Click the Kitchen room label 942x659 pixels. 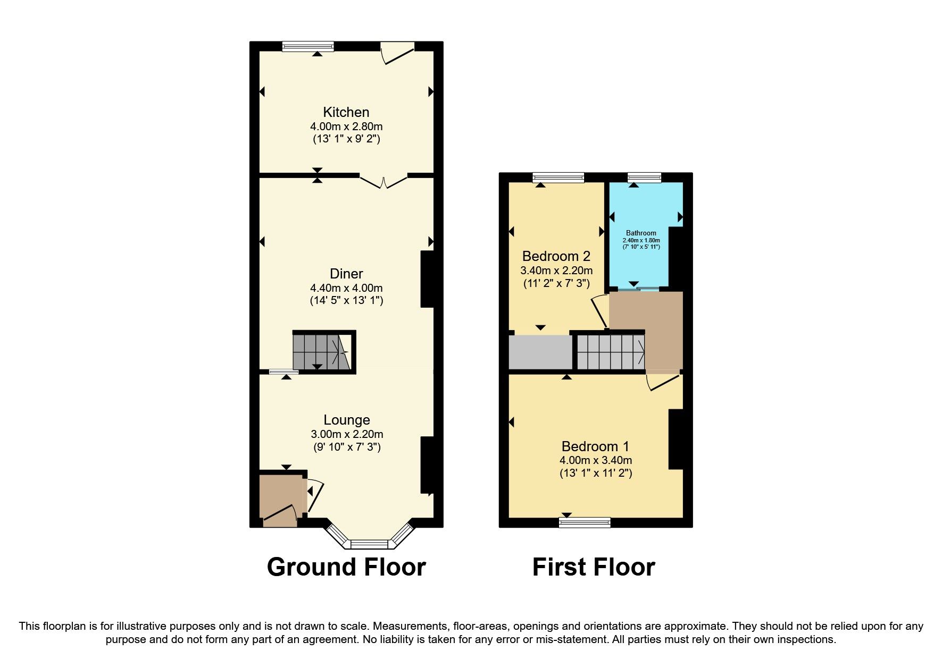[x=346, y=112]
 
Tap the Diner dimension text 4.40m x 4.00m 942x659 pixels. [x=346, y=288]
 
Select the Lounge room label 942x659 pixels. [x=346, y=420]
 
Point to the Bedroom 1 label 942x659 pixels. [x=595, y=446]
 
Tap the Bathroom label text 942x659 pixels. [x=640, y=233]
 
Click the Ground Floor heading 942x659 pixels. [x=346, y=567]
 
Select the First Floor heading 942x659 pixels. [x=593, y=567]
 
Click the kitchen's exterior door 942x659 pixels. [x=397, y=53]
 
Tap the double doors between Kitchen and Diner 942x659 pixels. [x=384, y=181]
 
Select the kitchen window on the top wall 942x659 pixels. [x=308, y=46]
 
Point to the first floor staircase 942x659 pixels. [x=611, y=351]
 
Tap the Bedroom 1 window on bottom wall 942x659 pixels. [x=585, y=522]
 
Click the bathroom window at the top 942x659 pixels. [x=644, y=178]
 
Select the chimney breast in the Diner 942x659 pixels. [x=428, y=279]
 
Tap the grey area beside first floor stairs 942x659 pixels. [x=540, y=352]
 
